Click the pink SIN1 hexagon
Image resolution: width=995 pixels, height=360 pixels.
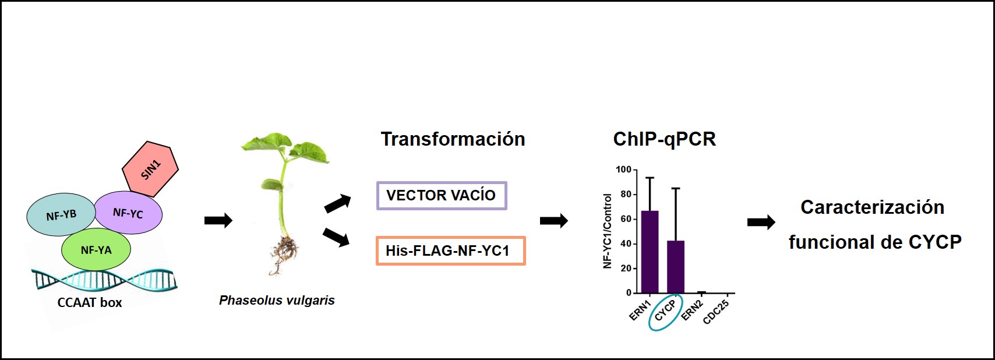[x=150, y=168]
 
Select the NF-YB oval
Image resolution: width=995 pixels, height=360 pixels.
[x=61, y=215]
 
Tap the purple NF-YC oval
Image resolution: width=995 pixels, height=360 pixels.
[x=128, y=213]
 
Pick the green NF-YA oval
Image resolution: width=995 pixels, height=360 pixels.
[x=96, y=250]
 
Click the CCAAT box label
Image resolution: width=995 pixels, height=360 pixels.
[x=90, y=302]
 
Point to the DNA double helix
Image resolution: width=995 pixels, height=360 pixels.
[x=105, y=280]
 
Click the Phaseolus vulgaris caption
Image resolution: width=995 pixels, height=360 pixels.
[x=277, y=301]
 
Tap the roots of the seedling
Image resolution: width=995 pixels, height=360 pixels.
[x=284, y=253]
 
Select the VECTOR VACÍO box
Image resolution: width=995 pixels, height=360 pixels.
[x=442, y=196]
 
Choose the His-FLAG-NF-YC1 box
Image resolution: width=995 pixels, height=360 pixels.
[x=450, y=250]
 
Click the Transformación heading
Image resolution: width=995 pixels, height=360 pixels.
[x=453, y=139]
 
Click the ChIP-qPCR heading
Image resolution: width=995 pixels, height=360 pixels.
[x=664, y=139]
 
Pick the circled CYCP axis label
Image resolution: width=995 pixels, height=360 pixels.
[x=665, y=311]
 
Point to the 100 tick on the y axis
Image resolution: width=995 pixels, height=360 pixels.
[x=623, y=170]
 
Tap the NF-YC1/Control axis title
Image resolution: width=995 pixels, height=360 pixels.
[x=608, y=231]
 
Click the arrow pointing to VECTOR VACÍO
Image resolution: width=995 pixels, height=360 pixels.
[x=338, y=203]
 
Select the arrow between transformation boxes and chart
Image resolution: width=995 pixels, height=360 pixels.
[x=553, y=221]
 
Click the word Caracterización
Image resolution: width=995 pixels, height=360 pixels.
[x=872, y=207]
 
